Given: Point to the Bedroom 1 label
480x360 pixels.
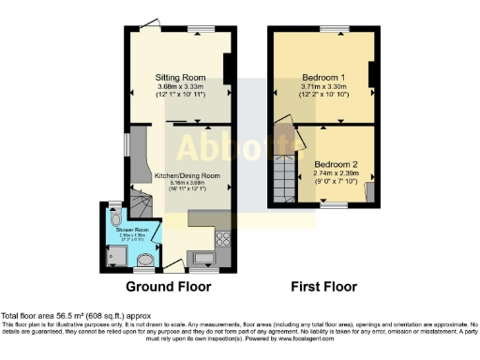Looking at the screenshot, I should click(x=323, y=76).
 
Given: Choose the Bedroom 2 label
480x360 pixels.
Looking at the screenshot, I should click(x=336, y=164).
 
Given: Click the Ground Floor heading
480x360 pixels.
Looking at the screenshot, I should click(x=168, y=287).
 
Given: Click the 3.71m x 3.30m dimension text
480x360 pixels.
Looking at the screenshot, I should click(x=323, y=86).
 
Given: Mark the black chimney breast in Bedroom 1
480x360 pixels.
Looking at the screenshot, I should click(x=373, y=75).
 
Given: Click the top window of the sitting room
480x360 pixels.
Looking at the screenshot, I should click(x=198, y=29).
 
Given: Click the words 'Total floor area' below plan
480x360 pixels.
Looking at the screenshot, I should click(x=27, y=316).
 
